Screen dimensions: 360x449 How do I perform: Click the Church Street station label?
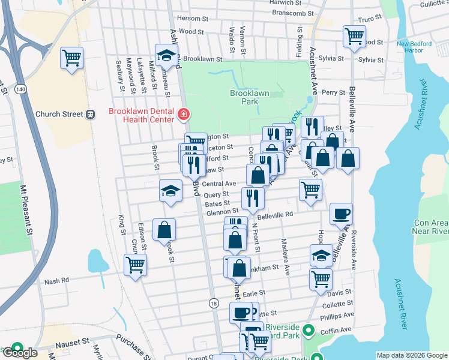tap(59, 114)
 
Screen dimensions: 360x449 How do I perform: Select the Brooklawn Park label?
tap(249, 98)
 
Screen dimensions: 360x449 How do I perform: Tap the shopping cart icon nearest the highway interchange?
tap(71, 58)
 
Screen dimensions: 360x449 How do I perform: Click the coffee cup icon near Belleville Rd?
tap(341, 214)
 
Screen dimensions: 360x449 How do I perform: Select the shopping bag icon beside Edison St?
tap(164, 230)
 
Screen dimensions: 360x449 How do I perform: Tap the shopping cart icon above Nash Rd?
tap(135, 264)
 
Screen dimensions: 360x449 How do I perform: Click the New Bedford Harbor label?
tap(411, 47)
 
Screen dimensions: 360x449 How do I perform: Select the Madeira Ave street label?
tap(285, 257)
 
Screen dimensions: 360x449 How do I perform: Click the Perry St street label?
tap(333, 93)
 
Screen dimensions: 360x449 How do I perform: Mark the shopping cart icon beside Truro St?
tap(354, 35)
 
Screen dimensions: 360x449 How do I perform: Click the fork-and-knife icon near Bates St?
tap(253, 198)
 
